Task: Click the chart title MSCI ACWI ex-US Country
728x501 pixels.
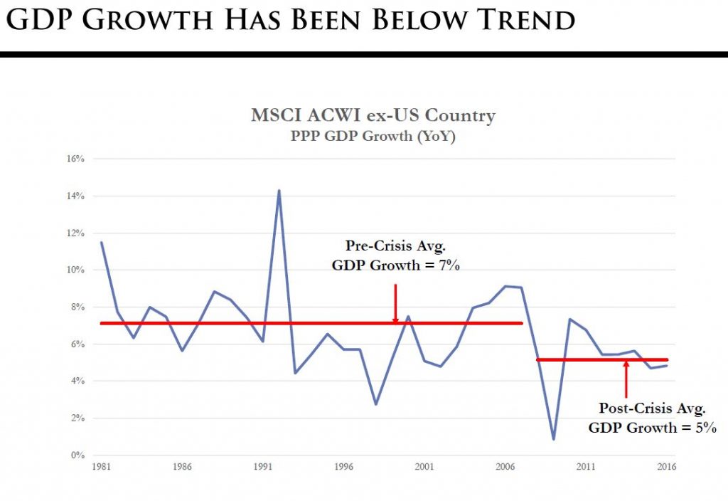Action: (373, 116)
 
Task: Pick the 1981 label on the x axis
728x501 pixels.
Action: (101, 468)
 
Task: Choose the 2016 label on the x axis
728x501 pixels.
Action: (666, 468)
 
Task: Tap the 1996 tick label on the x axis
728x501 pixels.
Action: (343, 468)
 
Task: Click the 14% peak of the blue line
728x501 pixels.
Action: (279, 190)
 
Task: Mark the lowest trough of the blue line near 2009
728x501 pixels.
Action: (554, 439)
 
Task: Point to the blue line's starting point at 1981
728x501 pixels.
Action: (102, 243)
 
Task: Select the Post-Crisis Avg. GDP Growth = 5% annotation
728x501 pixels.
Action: (652, 418)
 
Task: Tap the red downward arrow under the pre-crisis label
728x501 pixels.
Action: (395, 302)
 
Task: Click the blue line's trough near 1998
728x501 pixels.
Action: (375, 404)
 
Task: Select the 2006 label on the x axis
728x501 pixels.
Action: (505, 468)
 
